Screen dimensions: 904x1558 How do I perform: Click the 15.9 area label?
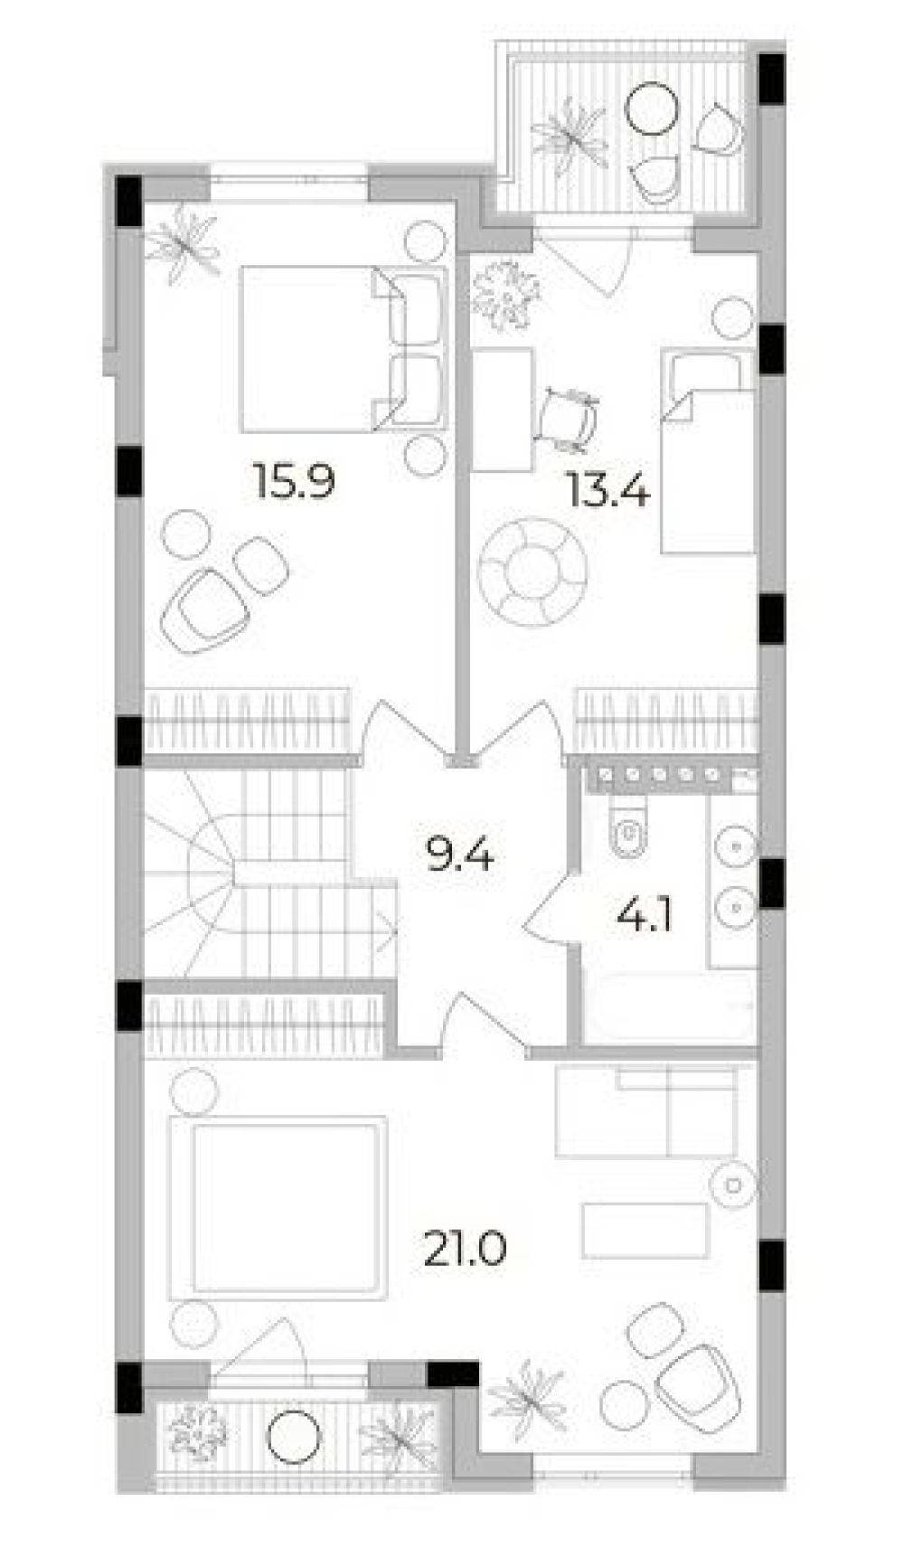coord(295,483)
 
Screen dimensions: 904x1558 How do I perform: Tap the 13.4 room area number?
coord(608,492)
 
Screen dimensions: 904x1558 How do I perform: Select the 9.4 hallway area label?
coord(459,854)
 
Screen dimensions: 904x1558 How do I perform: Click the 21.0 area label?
coord(464,1251)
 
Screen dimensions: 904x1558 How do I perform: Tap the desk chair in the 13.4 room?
coord(568,418)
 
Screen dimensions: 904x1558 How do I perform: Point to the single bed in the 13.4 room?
coord(708,452)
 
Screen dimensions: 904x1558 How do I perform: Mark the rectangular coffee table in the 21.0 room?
coord(645,1230)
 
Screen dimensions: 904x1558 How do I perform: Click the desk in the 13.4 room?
coord(504,409)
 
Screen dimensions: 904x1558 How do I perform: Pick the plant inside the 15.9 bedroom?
coord(184,241)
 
